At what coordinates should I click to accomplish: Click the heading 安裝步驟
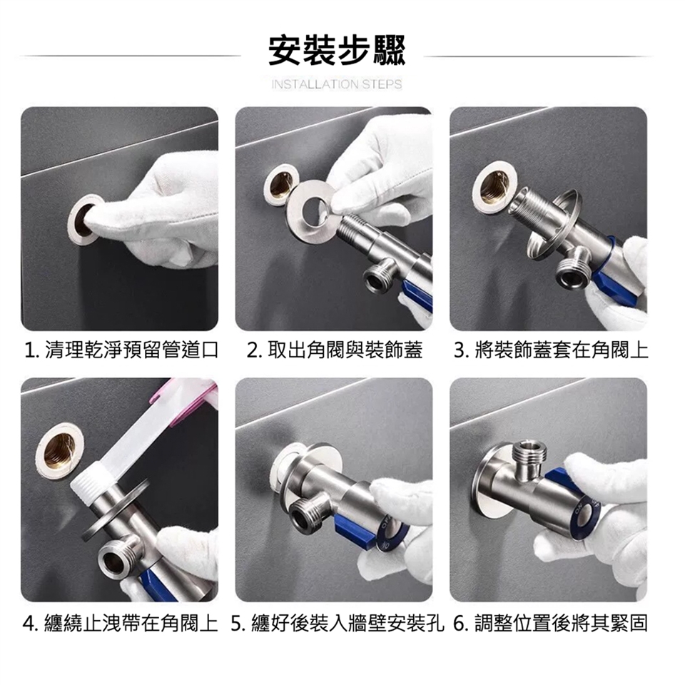click(x=337, y=51)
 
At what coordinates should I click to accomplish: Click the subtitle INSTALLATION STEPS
click(x=336, y=84)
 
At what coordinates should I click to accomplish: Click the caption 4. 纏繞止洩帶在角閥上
click(x=120, y=623)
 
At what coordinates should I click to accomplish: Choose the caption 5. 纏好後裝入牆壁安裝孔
click(x=337, y=623)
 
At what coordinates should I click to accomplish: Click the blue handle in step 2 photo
click(x=417, y=293)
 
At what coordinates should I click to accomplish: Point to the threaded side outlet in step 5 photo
click(x=308, y=516)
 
